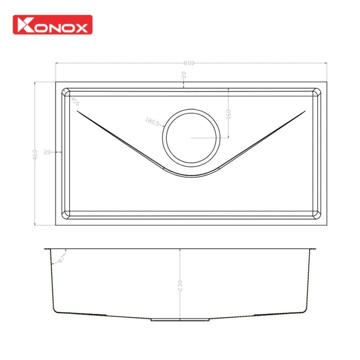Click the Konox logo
(x=53, y=25)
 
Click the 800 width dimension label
(x=189, y=63)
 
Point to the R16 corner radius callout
(x=75, y=102)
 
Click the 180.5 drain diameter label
(x=153, y=121)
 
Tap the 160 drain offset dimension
(x=228, y=113)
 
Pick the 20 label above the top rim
(x=184, y=76)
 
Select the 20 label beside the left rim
(x=47, y=153)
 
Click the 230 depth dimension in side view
(x=180, y=286)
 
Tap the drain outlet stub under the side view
(x=180, y=320)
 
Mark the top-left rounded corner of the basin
(x=66, y=92)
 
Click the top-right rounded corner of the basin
(x=317, y=92)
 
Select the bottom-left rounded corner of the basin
(x=66, y=215)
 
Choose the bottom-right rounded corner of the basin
(x=317, y=215)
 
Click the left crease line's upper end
(x=78, y=112)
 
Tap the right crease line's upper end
(x=305, y=112)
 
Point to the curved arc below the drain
(x=192, y=175)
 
